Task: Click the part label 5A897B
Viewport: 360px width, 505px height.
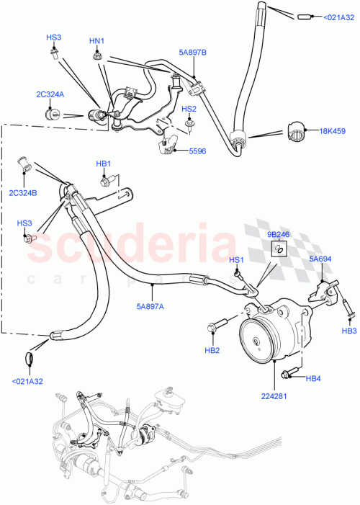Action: [192, 52]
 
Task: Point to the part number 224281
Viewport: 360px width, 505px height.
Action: [277, 395]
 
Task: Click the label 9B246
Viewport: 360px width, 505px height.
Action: [279, 234]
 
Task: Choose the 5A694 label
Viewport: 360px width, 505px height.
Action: [320, 259]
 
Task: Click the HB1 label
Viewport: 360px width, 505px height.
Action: [104, 164]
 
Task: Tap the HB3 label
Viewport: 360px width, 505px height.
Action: [349, 331]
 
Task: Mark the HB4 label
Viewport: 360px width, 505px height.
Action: [313, 379]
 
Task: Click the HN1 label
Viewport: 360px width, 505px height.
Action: [96, 42]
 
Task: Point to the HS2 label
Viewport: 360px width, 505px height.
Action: [189, 109]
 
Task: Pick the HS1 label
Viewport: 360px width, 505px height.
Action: [236, 260]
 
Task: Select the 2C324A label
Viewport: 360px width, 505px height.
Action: [50, 94]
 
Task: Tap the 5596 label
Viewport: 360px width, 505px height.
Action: [197, 152]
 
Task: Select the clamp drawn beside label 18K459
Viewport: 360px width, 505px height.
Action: [298, 133]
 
